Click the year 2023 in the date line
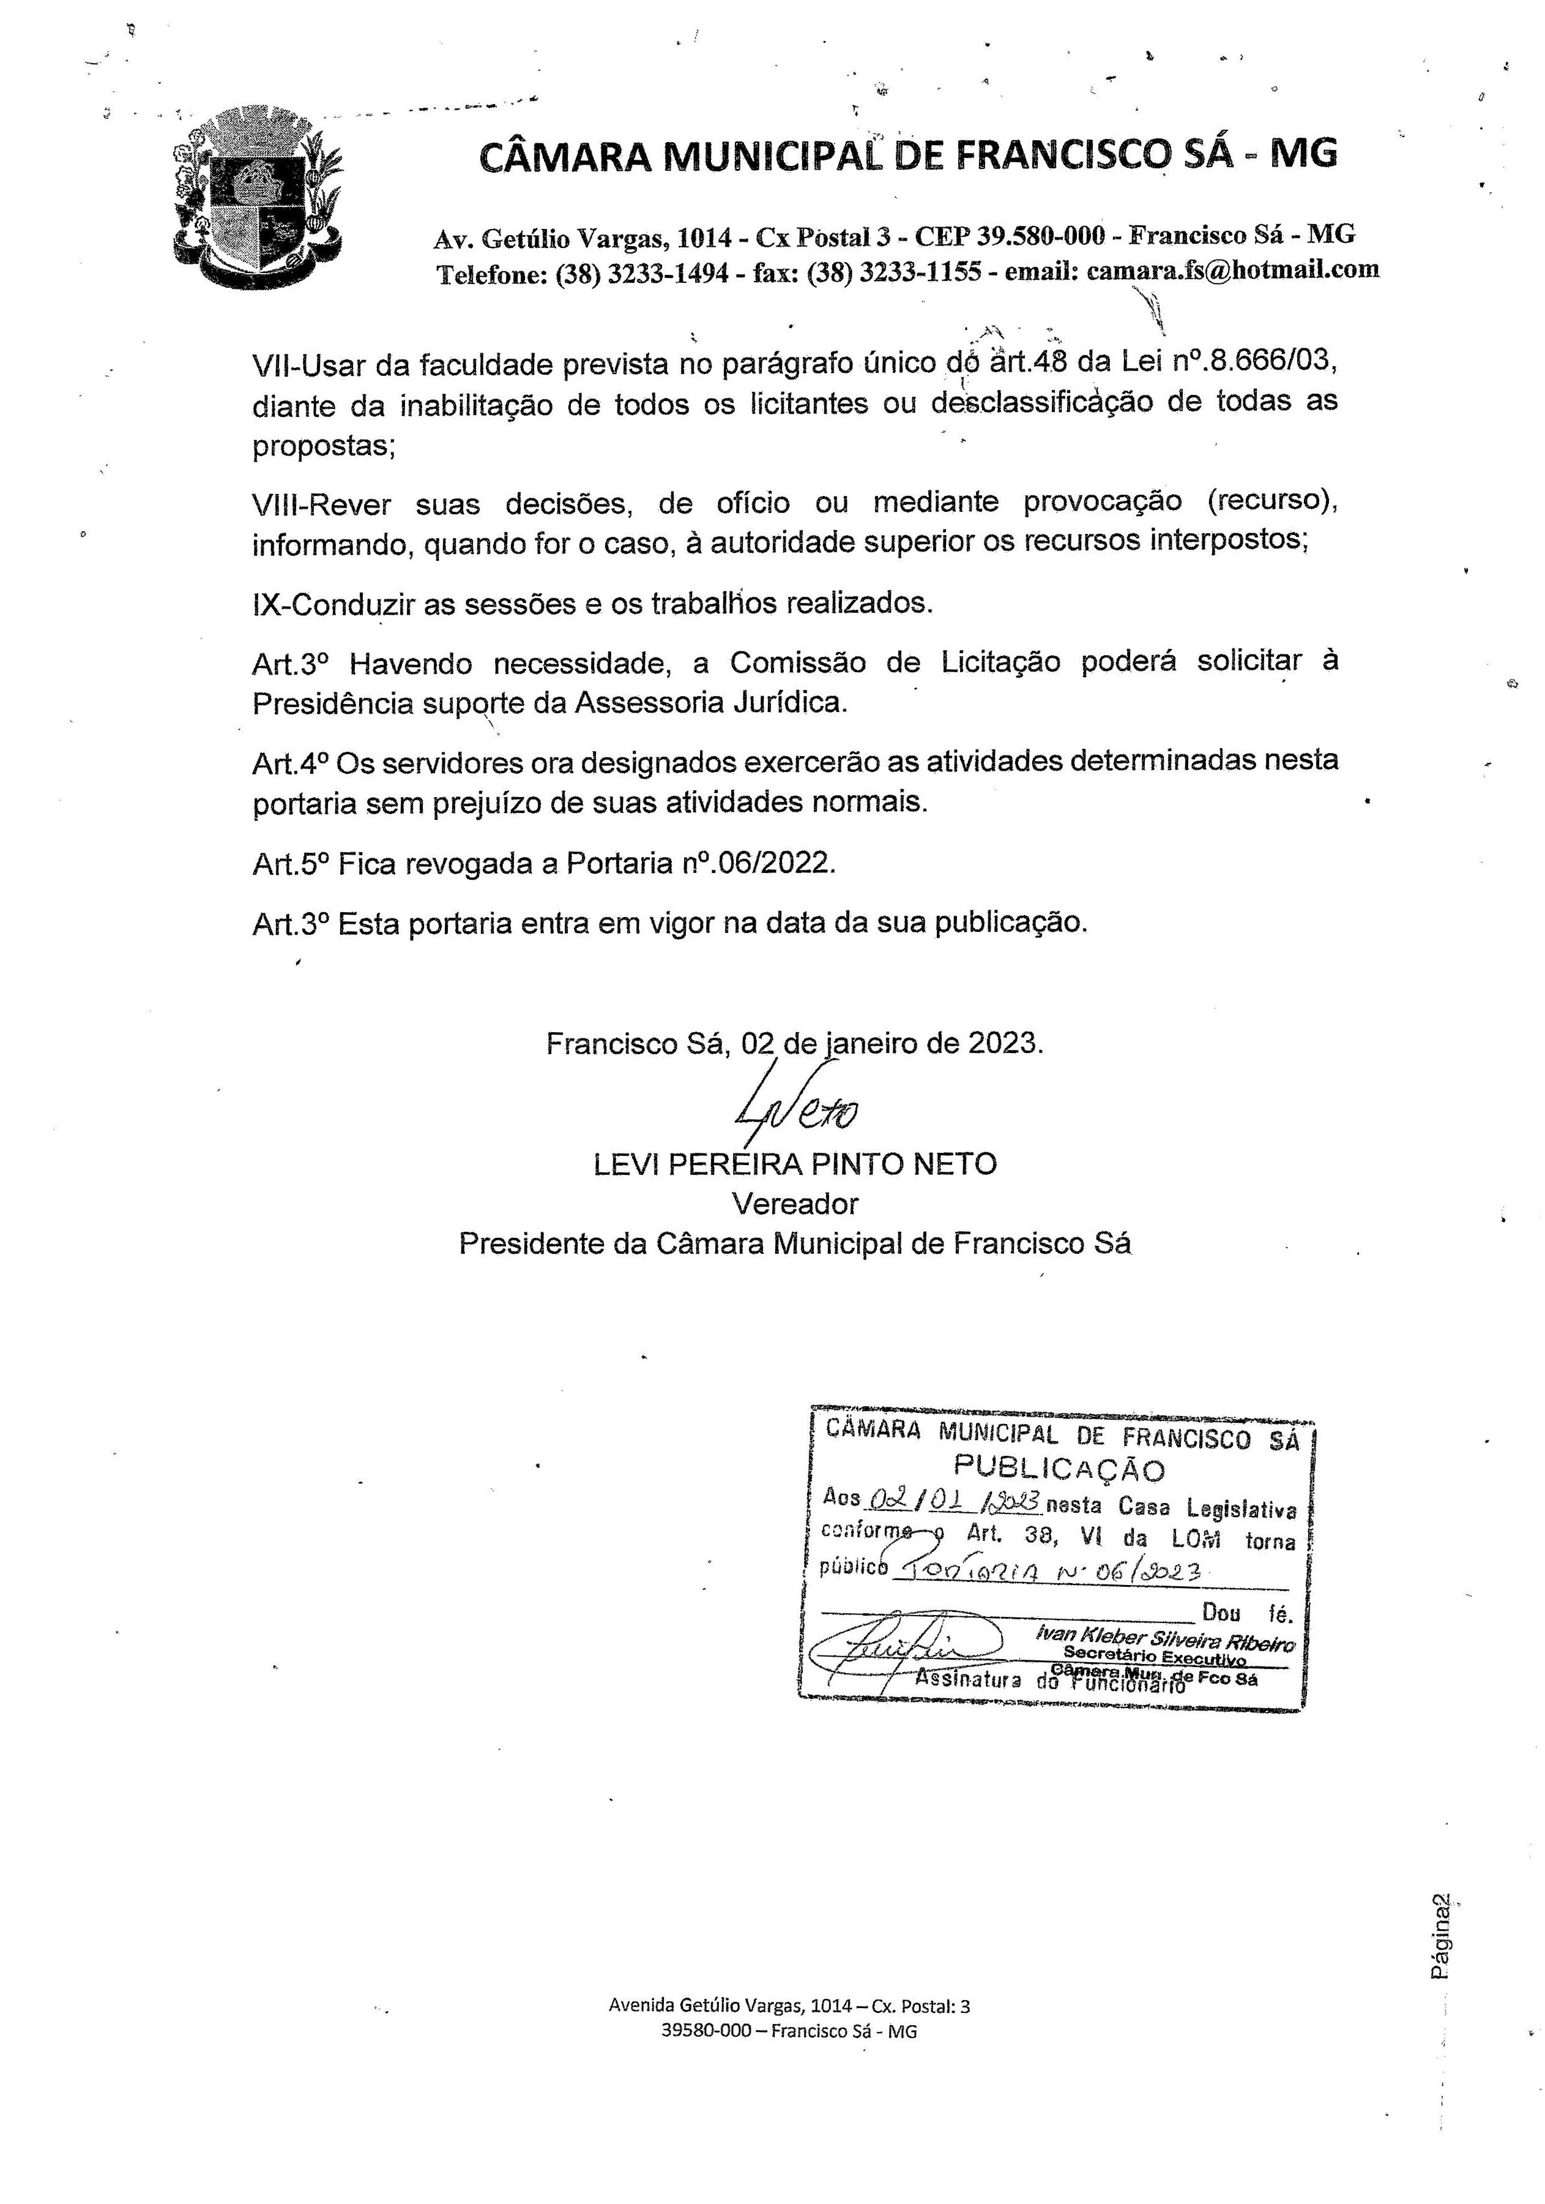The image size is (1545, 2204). (x=1003, y=1043)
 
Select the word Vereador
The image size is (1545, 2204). (x=795, y=1204)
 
